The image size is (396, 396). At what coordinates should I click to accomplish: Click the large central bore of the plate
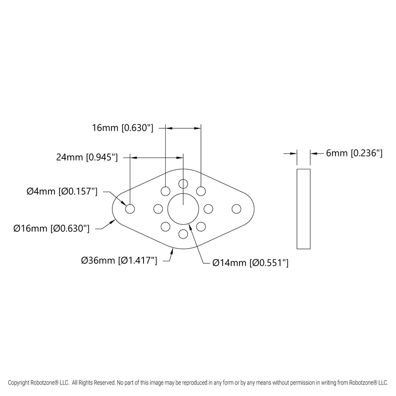click(x=183, y=208)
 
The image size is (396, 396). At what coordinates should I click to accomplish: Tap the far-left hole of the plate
click(x=130, y=209)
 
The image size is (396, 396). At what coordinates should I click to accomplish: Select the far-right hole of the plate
click(x=236, y=209)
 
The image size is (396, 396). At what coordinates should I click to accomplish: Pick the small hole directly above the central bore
click(x=183, y=184)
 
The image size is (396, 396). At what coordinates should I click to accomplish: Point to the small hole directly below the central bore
click(x=183, y=233)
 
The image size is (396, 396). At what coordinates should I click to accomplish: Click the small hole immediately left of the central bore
click(x=158, y=208)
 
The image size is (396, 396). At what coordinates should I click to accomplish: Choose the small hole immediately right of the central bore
click(x=208, y=208)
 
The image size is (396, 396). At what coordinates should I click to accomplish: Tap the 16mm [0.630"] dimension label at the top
click(x=123, y=128)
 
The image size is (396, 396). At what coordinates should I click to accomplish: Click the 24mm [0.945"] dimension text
click(x=87, y=158)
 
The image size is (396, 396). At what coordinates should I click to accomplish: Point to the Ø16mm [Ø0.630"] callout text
click(x=51, y=229)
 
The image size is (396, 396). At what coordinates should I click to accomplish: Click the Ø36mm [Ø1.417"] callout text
click(x=119, y=260)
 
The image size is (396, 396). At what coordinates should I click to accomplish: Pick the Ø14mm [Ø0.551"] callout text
click(x=250, y=263)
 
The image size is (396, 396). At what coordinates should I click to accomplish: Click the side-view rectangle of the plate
click(x=303, y=208)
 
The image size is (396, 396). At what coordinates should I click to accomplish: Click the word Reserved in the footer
click(x=102, y=383)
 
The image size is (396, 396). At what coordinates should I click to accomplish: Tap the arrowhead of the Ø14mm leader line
click(x=191, y=230)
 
